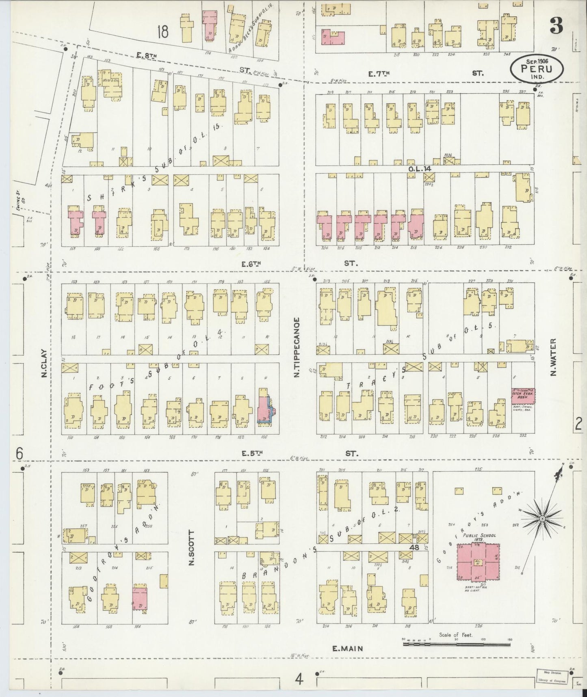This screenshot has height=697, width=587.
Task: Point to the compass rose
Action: (x=542, y=519)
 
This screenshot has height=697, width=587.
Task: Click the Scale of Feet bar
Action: (x=456, y=644)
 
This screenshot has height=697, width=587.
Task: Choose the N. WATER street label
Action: (x=553, y=358)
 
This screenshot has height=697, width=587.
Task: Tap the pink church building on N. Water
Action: (x=522, y=395)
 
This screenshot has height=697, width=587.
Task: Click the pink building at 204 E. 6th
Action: (x=324, y=227)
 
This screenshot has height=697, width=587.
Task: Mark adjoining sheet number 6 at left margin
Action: (x=19, y=452)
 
